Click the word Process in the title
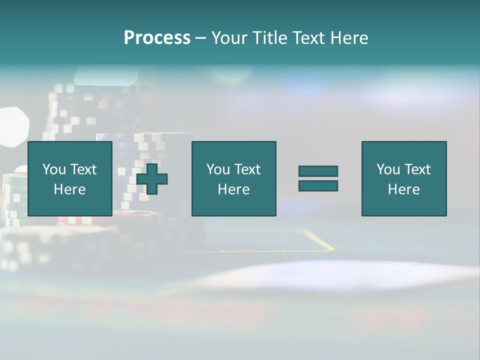click(x=157, y=38)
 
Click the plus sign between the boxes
click(x=152, y=178)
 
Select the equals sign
click(x=318, y=178)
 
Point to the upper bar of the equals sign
click(x=318, y=171)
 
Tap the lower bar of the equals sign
click(x=318, y=185)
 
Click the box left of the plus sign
click(x=70, y=178)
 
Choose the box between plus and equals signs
click(x=233, y=178)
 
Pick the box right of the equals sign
click(x=403, y=178)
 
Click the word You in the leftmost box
click(x=54, y=169)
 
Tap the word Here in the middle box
click(x=233, y=189)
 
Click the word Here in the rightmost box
click(x=403, y=189)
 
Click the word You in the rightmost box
click(x=388, y=169)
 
